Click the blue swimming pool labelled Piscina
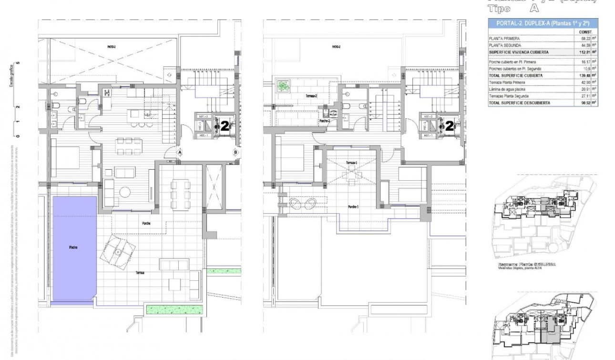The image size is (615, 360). click(74, 248)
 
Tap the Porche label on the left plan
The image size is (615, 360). click(146, 223)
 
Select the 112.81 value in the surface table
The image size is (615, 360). click(582, 52)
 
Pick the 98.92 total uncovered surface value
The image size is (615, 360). click(582, 103)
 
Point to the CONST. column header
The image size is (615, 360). click(582, 31)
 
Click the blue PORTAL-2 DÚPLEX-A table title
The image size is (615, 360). click(543, 23)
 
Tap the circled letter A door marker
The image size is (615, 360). click(180, 152)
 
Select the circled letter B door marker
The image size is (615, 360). click(236, 152)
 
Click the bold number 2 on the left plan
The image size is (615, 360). click(223, 126)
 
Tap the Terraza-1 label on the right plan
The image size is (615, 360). click(352, 163)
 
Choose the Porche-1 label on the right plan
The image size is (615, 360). click(353, 206)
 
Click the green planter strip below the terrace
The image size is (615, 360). click(174, 309)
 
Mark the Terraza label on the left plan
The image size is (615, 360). click(140, 273)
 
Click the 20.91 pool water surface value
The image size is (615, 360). click(582, 89)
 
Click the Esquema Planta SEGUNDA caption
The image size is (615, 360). click(527, 264)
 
